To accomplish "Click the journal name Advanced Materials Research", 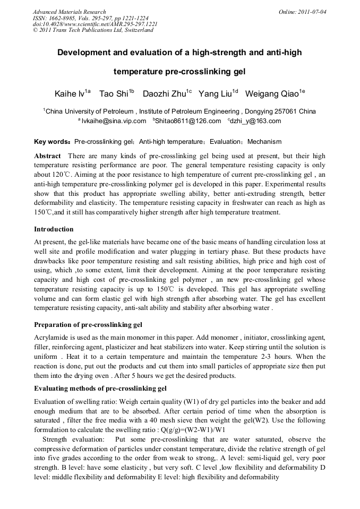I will coord(69,12).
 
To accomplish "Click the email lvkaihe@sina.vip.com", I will coord(114,121).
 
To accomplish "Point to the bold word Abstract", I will coord(48,156).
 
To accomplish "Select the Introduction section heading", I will coord(54,229).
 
